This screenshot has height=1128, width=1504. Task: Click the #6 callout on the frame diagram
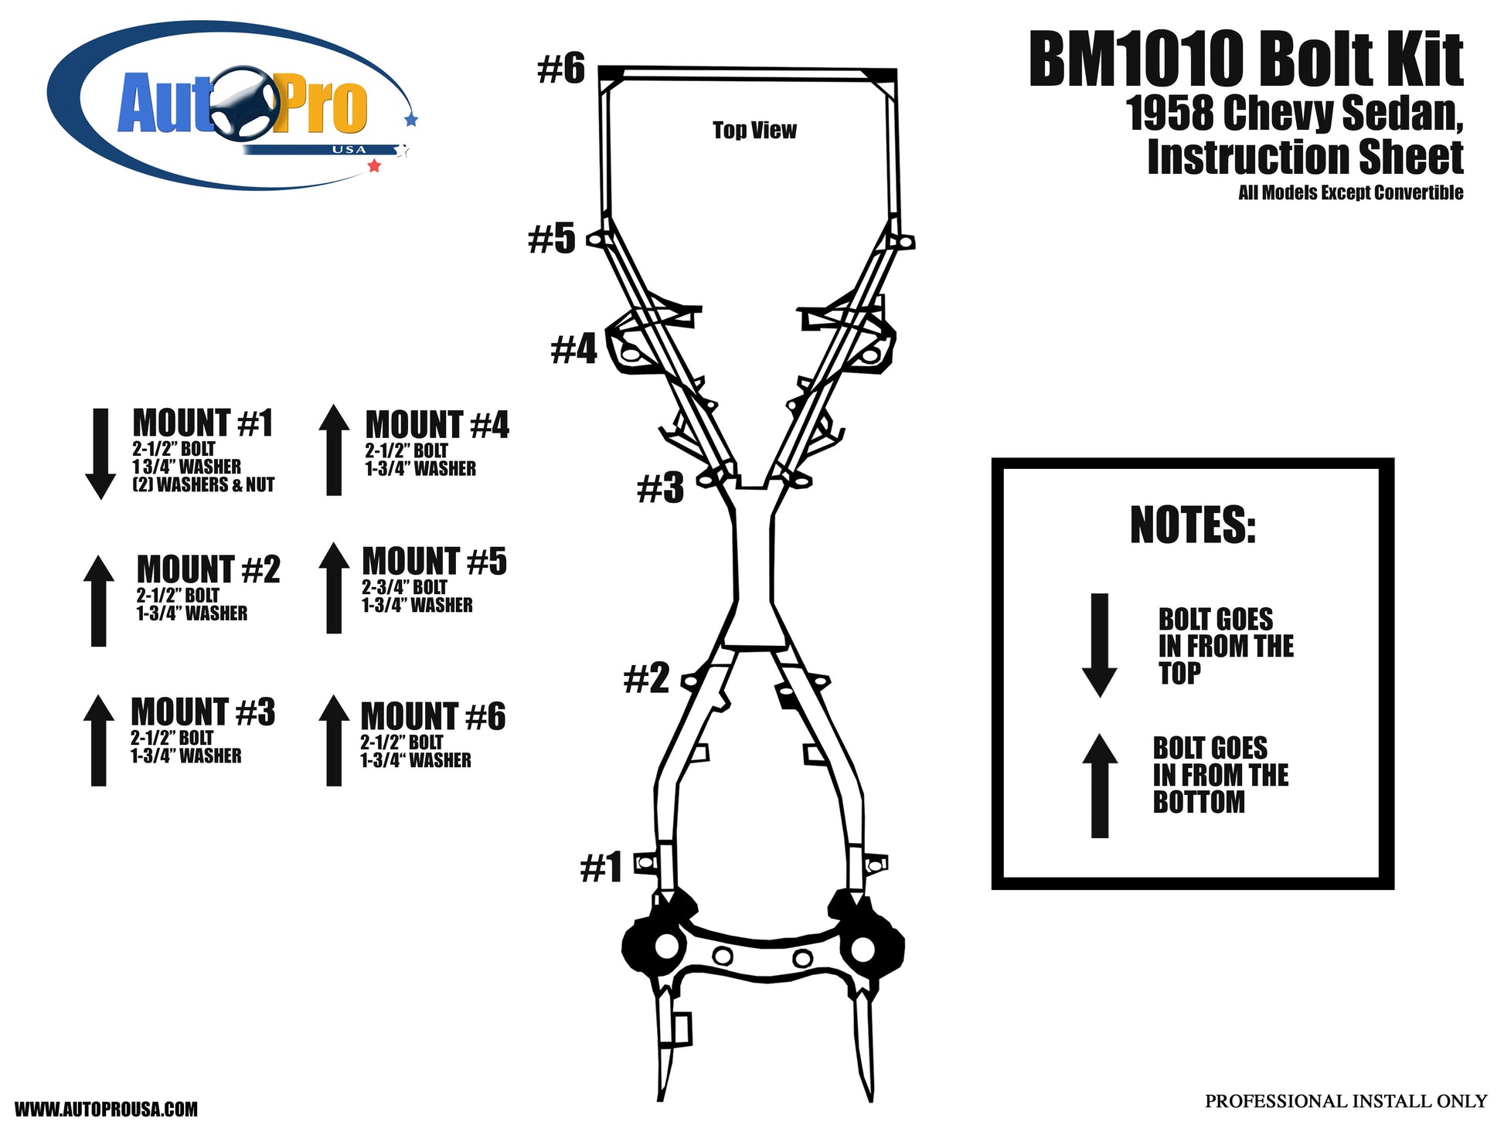coord(561,69)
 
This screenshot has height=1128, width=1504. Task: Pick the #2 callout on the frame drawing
coord(646,678)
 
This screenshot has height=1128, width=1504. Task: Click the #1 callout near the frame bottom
coord(601,867)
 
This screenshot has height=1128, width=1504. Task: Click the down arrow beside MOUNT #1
coord(100,454)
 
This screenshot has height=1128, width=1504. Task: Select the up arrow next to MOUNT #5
coord(334,588)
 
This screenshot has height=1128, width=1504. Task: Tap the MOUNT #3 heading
coord(202,712)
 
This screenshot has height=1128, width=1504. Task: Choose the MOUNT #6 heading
coord(433,716)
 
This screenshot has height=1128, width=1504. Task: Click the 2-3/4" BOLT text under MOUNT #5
coord(404,587)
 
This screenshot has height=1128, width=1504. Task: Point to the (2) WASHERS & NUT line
coord(203,484)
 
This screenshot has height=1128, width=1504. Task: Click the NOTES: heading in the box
coord(1193,525)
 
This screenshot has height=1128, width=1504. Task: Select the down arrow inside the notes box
coord(1099,646)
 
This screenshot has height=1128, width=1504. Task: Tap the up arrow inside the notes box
coord(1099,785)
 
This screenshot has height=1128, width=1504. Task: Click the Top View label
coord(754,130)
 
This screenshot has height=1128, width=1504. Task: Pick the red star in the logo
coord(374,165)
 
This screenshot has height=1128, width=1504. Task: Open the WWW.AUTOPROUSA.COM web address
coord(107,1109)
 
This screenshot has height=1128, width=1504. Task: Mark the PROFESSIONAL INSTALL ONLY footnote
coord(1346,1101)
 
